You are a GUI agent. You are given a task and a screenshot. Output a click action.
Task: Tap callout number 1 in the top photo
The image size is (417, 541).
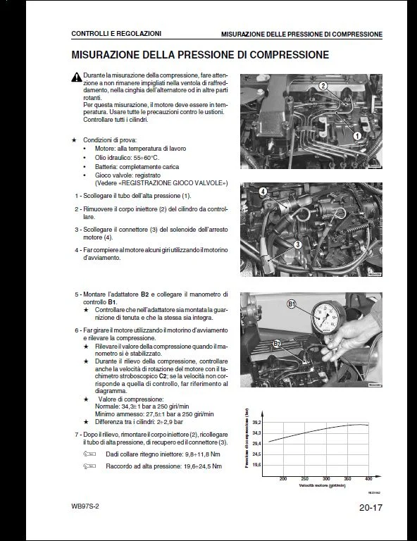pos(357,136)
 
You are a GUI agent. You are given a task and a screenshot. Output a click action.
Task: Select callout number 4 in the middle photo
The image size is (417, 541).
pos(263,192)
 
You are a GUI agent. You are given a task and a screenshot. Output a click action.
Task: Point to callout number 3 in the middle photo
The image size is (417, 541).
pos(298,244)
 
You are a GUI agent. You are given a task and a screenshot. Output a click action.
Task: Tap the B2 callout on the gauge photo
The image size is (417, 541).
pos(277,343)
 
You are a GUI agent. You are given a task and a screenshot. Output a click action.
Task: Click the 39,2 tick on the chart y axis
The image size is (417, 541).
pos(256,422)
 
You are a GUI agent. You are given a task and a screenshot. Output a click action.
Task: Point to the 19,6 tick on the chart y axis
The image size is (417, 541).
pos(256,466)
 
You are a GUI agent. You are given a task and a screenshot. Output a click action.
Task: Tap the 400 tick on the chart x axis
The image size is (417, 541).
pos(368,479)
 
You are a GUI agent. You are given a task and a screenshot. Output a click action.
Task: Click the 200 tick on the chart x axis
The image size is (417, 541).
pos(283,479)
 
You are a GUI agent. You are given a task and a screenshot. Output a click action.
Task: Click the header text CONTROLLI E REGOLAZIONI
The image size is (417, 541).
pos(116,33)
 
